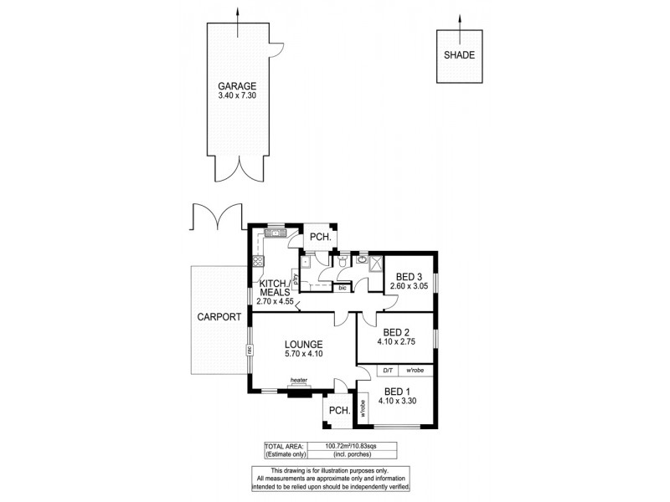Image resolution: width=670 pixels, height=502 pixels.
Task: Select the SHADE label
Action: pyautogui.click(x=459, y=55)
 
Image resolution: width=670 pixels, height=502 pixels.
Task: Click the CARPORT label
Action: pyautogui.click(x=219, y=317)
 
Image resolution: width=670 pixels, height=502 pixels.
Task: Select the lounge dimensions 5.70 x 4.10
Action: pyautogui.click(x=303, y=354)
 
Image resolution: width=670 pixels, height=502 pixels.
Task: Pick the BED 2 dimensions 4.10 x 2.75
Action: pyautogui.click(x=396, y=341)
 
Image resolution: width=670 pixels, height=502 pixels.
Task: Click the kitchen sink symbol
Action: pyautogui.click(x=275, y=233)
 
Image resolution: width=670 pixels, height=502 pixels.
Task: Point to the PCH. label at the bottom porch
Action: pyautogui.click(x=338, y=410)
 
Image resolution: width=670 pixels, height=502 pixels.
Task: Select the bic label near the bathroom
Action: pyautogui.click(x=341, y=288)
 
